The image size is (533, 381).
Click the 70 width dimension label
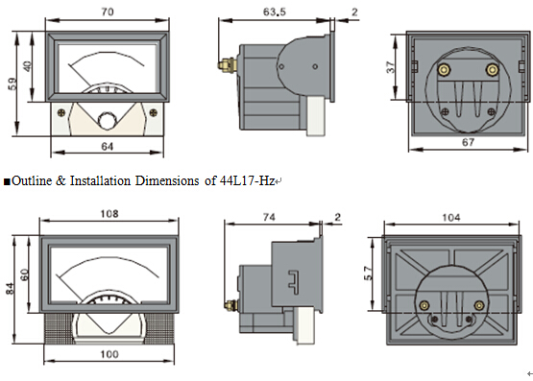pos(108,12)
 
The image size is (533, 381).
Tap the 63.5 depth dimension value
pos(275,12)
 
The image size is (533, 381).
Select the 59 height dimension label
pos(12,83)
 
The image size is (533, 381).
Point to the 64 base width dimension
pos(107,147)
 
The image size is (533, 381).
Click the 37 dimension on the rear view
pos(391,67)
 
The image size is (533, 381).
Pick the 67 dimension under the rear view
pos(468,142)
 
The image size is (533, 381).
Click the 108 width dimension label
pos(109,214)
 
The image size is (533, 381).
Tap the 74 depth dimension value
pos(269,217)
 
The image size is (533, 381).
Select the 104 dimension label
pos(451,217)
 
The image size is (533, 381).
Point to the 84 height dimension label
pos(11,289)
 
